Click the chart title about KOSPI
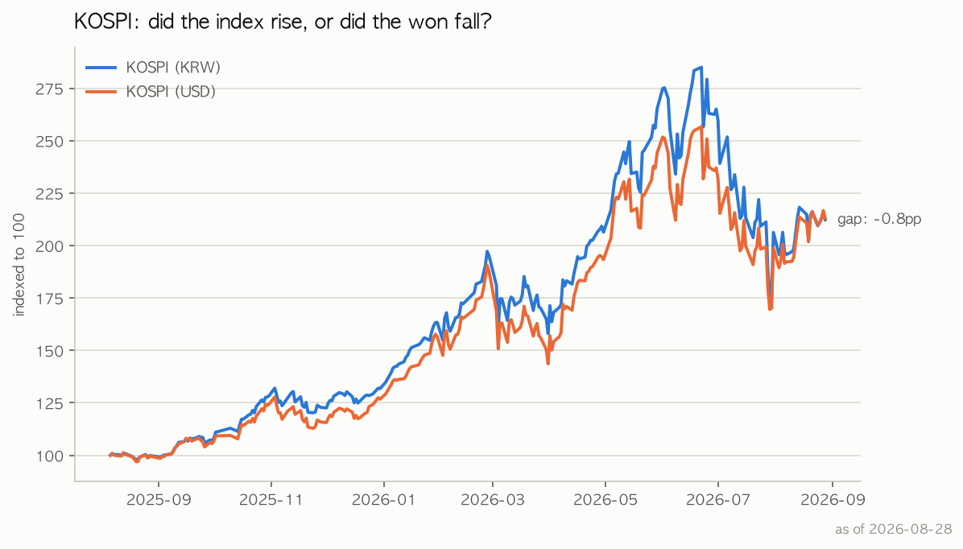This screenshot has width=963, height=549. click(x=283, y=22)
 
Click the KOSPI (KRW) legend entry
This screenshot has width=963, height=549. click(x=153, y=68)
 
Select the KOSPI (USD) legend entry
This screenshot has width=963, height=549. click(x=151, y=92)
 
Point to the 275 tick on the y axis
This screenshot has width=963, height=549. click(x=49, y=89)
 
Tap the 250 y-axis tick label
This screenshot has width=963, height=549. click(x=49, y=141)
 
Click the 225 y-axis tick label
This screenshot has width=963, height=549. click(x=49, y=193)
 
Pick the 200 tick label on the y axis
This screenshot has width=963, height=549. click(x=49, y=246)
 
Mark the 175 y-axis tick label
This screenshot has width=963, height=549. click(x=49, y=299)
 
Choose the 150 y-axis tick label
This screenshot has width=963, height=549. click(x=49, y=351)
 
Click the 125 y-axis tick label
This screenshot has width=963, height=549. click(x=49, y=402)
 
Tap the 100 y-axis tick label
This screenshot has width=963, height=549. click(x=49, y=456)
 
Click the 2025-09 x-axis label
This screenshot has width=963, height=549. click(x=159, y=500)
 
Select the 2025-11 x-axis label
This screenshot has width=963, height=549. click(x=271, y=500)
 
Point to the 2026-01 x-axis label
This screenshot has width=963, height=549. click(x=383, y=500)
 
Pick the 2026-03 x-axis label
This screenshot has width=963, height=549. click(x=493, y=500)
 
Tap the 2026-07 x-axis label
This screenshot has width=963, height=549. click(x=718, y=500)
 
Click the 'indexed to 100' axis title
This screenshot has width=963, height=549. click(x=19, y=265)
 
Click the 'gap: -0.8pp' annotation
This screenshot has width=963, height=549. click(x=879, y=219)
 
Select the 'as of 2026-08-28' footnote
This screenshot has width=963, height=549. click(x=894, y=530)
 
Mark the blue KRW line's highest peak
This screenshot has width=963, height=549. click(x=701, y=68)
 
